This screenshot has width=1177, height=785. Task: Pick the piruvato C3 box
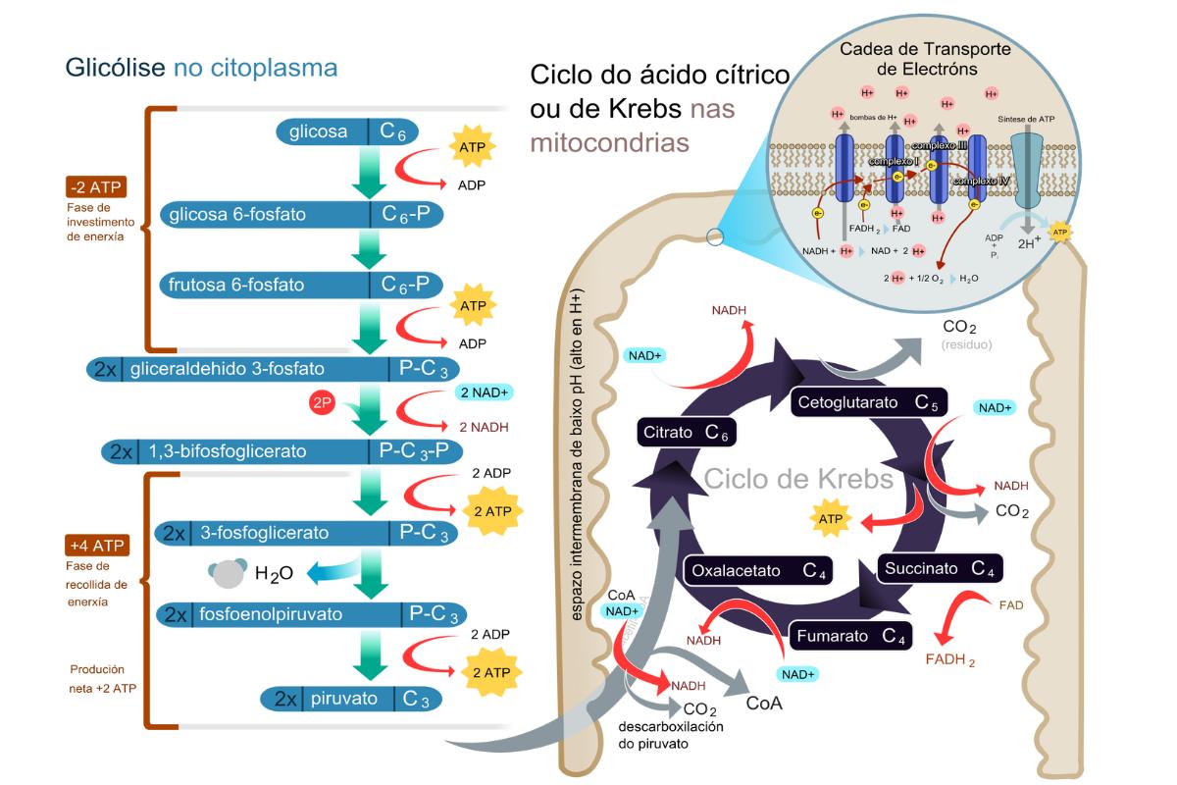click(350, 699)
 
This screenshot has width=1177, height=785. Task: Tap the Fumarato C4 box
click(849, 636)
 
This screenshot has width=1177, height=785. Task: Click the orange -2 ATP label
click(97, 187)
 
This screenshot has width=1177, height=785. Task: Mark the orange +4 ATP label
click(97, 546)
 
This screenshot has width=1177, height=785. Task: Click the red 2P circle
click(322, 402)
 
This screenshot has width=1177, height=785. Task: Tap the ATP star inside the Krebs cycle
click(830, 518)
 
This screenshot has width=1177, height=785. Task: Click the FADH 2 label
click(949, 659)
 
